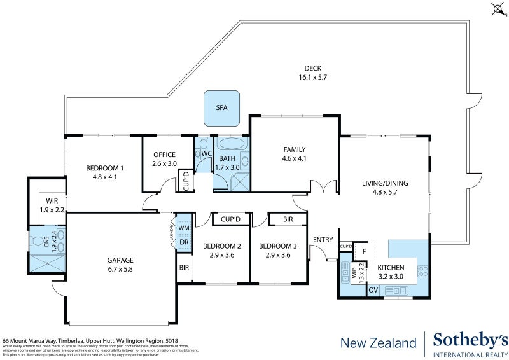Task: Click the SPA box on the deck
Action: [221, 108]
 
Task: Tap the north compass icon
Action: [497, 8]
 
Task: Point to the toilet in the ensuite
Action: [41, 242]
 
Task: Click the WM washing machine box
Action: [184, 228]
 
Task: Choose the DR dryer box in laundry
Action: [184, 242]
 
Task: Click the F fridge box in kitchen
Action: [363, 251]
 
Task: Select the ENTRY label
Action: [323, 239]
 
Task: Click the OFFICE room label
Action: [164, 155]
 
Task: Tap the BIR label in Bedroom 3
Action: [288, 219]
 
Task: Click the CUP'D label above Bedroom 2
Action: [230, 219]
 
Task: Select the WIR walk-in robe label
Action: [52, 200]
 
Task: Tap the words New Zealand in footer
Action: [378, 343]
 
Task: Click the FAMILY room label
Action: [295, 149]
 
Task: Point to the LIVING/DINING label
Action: [385, 183]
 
